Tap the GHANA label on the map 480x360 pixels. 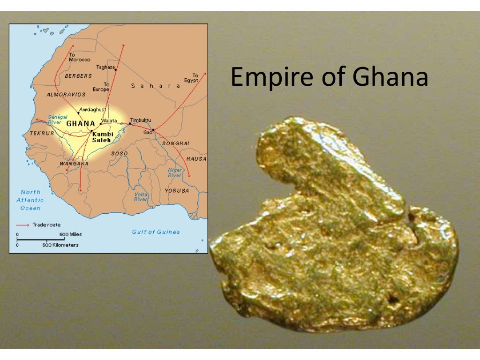coord(81,124)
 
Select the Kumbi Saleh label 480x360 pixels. coord(103,137)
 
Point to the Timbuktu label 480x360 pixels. coord(141,120)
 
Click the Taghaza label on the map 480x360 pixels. coord(105,67)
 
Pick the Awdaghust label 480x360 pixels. coord(93,109)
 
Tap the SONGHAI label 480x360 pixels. coord(176,143)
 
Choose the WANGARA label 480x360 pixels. coord(74,164)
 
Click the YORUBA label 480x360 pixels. coord(177,191)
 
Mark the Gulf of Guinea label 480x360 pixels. coord(156,232)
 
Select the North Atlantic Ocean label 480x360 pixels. coord(30,200)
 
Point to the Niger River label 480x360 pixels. coord(175,172)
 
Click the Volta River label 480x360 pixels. coord(141,196)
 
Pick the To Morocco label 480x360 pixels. coord(79,57)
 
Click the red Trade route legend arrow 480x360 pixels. coord(22,225)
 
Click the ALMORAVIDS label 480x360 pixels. coord(66,94)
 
